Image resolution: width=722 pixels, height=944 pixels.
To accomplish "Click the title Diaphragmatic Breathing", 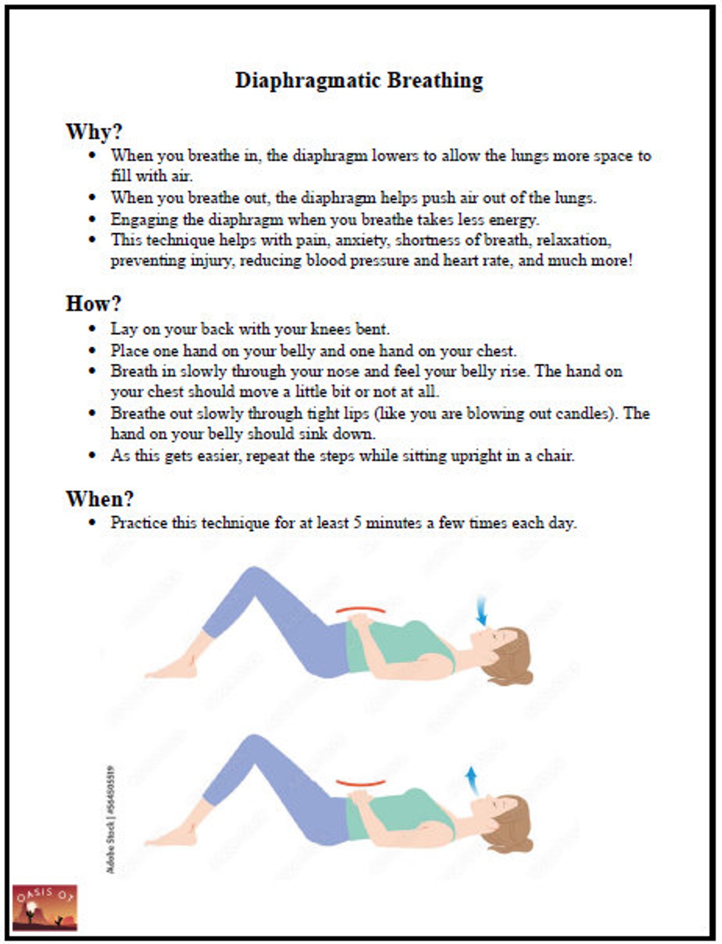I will (359, 80).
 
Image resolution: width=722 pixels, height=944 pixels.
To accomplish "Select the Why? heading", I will (95, 132).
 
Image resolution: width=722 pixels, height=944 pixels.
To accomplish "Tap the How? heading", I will (94, 303).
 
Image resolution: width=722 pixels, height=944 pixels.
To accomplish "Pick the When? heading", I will (100, 499).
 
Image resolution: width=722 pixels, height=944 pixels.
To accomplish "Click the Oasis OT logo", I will (45, 908).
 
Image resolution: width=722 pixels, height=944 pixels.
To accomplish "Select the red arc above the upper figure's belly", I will (361, 609).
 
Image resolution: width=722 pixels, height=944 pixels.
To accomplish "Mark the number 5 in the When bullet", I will (357, 522).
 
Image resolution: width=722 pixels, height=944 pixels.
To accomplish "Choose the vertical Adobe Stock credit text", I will (110, 818).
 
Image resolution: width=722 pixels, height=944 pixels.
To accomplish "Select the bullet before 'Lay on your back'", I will (93, 329).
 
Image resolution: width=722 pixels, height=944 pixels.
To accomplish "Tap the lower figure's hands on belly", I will (359, 795).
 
